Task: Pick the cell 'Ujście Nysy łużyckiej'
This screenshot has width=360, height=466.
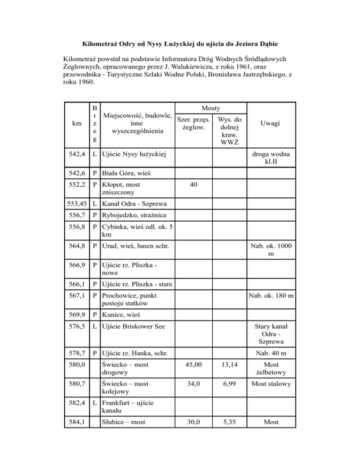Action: coord(135,153)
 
